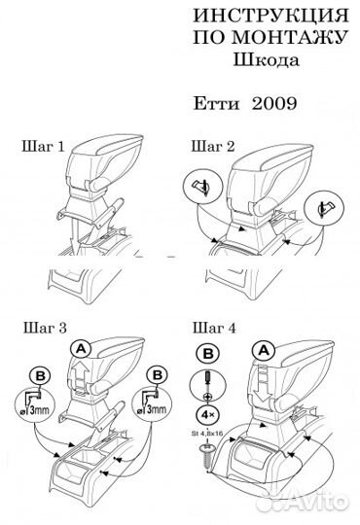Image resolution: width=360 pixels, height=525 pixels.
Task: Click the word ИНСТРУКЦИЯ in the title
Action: click(270, 16)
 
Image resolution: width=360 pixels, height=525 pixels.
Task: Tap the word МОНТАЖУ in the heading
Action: click(289, 37)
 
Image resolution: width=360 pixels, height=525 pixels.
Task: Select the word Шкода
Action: click(267, 60)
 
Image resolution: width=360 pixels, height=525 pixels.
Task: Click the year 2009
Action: click(274, 103)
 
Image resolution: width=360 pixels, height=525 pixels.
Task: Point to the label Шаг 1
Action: click(43, 147)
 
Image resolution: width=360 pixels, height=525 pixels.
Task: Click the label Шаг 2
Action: click(213, 147)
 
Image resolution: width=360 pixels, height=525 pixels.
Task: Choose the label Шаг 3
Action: click(45, 328)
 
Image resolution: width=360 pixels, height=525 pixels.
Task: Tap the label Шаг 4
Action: click(214, 328)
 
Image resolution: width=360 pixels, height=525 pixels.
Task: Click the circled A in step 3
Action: click(82, 350)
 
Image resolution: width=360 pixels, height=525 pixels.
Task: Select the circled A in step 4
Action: click(264, 351)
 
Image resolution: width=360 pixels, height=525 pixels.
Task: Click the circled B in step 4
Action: click(208, 354)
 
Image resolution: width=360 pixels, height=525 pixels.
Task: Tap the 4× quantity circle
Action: click(208, 415)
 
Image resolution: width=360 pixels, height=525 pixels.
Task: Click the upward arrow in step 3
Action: click(81, 375)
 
